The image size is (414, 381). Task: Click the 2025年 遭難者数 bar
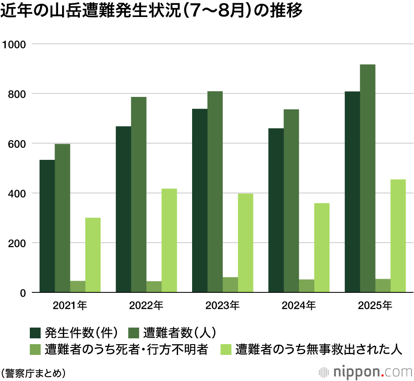368,178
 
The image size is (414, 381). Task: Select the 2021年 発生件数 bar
47,226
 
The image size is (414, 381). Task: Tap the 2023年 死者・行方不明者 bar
230,285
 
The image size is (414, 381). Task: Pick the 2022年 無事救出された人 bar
169,241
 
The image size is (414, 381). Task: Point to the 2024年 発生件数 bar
276,210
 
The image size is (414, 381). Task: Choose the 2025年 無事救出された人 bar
398,236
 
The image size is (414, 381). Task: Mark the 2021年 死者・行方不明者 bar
77,287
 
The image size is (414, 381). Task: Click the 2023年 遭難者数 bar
215,192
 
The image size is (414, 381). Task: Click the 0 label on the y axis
24,293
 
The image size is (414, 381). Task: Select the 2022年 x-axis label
146,306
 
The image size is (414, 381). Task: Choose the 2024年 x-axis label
299,306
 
